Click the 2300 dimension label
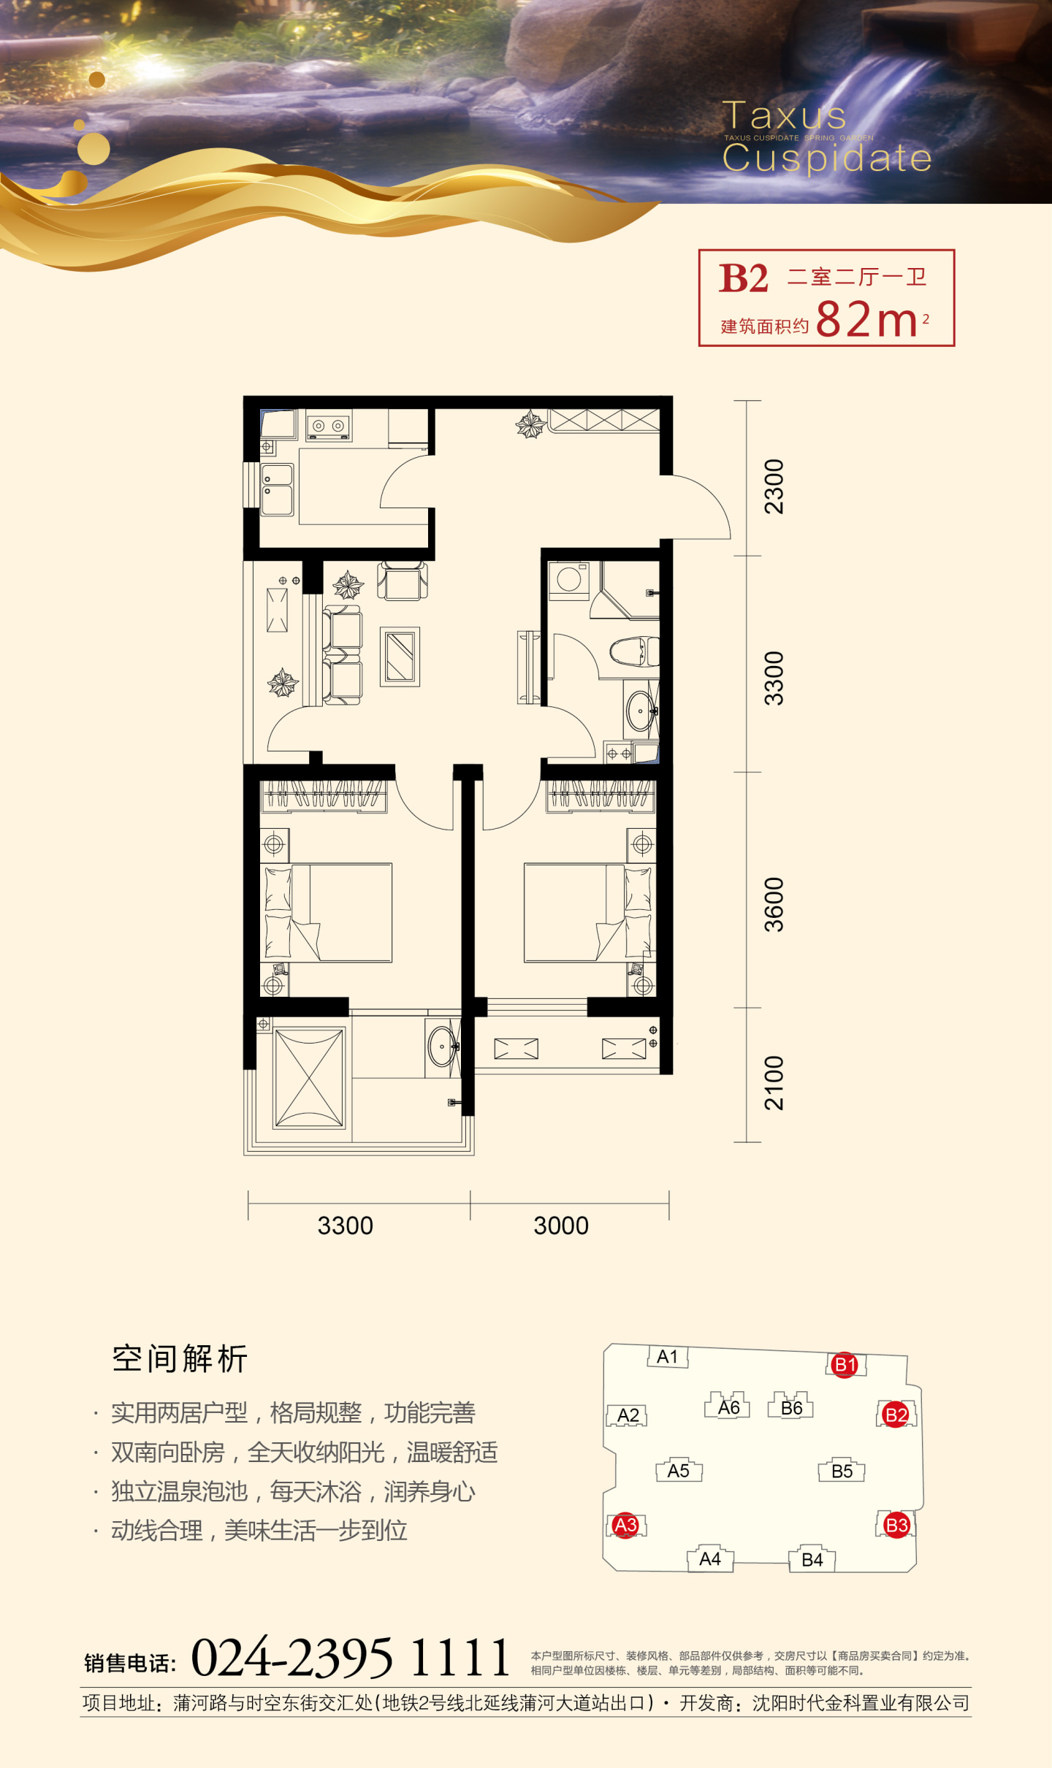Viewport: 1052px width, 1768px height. pyautogui.click(x=774, y=486)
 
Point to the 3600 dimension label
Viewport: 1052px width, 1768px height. pyautogui.click(x=774, y=905)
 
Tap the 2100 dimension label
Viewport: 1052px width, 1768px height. pyautogui.click(x=774, y=1083)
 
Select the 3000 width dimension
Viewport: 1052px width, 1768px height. pyautogui.click(x=561, y=1226)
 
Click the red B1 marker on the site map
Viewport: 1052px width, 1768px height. pyautogui.click(x=845, y=1365)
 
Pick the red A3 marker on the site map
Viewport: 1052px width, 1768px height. pyautogui.click(x=625, y=1526)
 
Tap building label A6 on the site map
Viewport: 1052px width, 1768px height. pyautogui.click(x=729, y=1407)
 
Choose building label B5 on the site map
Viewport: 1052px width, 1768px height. pyautogui.click(x=842, y=1471)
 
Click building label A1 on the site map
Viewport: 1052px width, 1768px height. pyautogui.click(x=668, y=1357)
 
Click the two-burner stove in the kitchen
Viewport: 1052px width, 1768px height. pyautogui.click(x=329, y=425)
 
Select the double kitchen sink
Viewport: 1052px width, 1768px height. pyautogui.click(x=278, y=489)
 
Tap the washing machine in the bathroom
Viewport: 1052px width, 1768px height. pyautogui.click(x=569, y=581)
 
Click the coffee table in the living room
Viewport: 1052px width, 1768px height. pyautogui.click(x=400, y=657)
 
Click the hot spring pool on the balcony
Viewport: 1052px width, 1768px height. pyautogui.click(x=309, y=1078)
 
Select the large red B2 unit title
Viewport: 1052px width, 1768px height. pyautogui.click(x=744, y=278)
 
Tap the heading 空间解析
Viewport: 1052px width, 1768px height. pyautogui.click(x=180, y=1359)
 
